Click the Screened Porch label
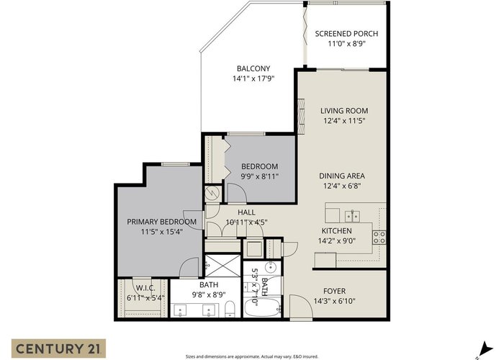click(346, 33)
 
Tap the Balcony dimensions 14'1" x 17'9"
click(253, 78)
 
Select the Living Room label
click(344, 111)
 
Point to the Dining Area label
click(342, 176)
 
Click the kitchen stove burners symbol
click(379, 237)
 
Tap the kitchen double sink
click(353, 216)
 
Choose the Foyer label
click(334, 291)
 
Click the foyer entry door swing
click(301, 307)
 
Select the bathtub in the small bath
click(263, 308)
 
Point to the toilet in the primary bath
click(230, 308)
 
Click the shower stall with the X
click(222, 266)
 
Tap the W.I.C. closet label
click(145, 288)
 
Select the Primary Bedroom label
click(162, 222)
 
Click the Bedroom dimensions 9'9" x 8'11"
click(260, 176)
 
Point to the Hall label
click(246, 212)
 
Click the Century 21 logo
click(58, 348)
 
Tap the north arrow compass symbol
click(485, 350)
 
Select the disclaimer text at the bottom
click(252, 356)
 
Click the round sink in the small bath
click(271, 266)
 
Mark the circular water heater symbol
click(212, 193)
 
